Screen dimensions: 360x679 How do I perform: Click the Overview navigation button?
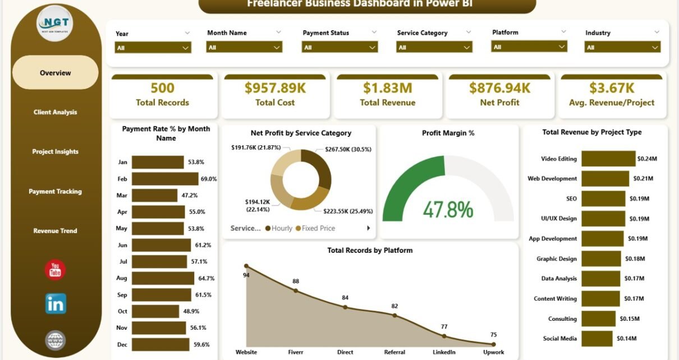tap(55, 73)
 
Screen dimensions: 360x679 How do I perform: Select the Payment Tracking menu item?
tap(55, 191)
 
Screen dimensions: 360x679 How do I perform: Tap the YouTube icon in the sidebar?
tap(55, 270)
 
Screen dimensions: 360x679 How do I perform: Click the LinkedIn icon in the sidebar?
tap(56, 303)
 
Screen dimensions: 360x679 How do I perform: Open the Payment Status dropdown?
tap(339, 48)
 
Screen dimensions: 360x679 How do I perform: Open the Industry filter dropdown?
tap(622, 48)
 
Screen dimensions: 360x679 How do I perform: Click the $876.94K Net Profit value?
tap(499, 88)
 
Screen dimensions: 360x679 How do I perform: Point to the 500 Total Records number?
tap(162, 88)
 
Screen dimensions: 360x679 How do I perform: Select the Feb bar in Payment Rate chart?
tap(165, 179)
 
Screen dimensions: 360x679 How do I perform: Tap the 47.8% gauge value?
tap(448, 209)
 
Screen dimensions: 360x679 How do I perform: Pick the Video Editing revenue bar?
tap(608, 159)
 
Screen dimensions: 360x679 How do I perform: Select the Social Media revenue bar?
tap(597, 339)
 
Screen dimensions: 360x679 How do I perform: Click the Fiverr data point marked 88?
tap(296, 290)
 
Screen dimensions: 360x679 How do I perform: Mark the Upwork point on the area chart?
tap(493, 344)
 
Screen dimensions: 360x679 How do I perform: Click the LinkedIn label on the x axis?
tap(444, 352)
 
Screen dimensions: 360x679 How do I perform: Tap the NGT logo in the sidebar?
tap(54, 23)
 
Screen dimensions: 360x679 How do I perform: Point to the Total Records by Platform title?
tap(370, 251)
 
